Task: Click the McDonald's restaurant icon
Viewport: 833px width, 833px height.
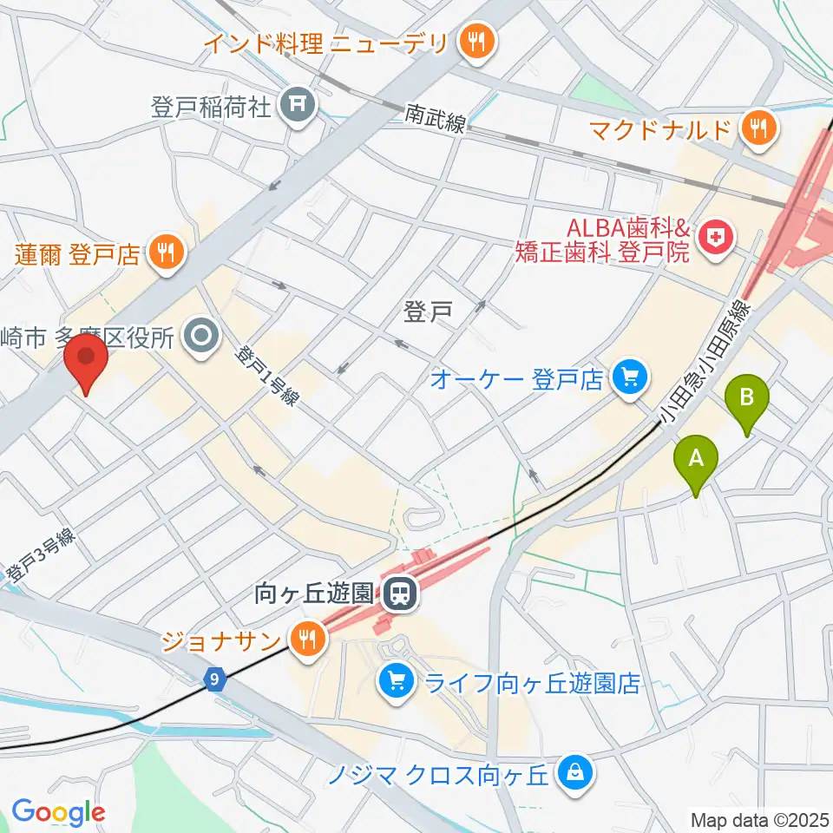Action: (x=758, y=130)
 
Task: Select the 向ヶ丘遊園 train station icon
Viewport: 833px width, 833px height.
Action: (x=399, y=594)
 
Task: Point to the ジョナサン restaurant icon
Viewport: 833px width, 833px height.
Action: (x=305, y=640)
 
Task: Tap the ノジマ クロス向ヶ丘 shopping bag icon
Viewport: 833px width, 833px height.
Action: (x=574, y=770)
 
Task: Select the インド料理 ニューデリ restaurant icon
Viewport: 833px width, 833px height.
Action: (x=476, y=41)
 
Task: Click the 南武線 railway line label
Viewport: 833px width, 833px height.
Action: (x=436, y=119)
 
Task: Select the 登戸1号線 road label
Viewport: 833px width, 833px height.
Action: (x=268, y=377)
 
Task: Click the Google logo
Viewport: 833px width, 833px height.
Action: (x=59, y=812)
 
